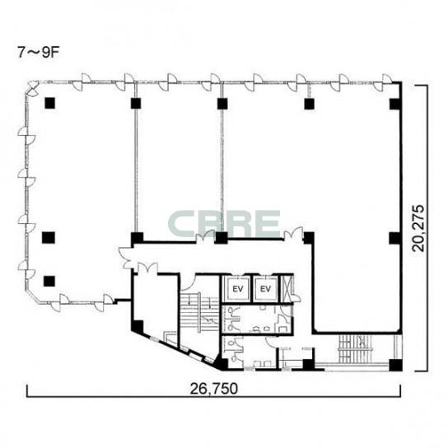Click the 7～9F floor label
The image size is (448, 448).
tap(38, 52)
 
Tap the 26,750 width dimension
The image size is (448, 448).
tap(214, 389)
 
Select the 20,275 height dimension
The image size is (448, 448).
tap(418, 228)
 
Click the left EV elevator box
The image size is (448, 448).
tap(237, 288)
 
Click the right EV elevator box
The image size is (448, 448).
tap(265, 288)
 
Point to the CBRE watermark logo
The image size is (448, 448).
tap(224, 223)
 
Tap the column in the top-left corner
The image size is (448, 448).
tap(49, 103)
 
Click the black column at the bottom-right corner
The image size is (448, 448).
tap(396, 365)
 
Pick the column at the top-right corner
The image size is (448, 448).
tap(394, 104)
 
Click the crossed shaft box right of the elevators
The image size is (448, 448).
tap(286, 288)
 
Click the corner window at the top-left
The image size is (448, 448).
tap(33, 87)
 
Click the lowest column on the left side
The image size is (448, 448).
tap(49, 281)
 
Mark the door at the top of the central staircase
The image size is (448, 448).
tap(188, 282)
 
